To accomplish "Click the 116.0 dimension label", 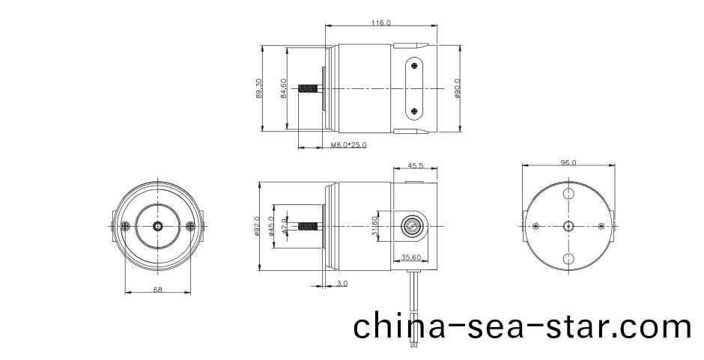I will point(380,24).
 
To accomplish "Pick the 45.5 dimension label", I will point(416,165).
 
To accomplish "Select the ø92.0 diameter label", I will point(257,226).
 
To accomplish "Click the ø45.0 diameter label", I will point(271,226).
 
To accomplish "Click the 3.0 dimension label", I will point(342,284).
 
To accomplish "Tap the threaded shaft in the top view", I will point(308,89).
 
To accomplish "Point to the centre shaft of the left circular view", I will point(158,226).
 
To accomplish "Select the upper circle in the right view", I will point(568,193).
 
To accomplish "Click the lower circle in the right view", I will point(568,259).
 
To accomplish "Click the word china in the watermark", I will point(397,327).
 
